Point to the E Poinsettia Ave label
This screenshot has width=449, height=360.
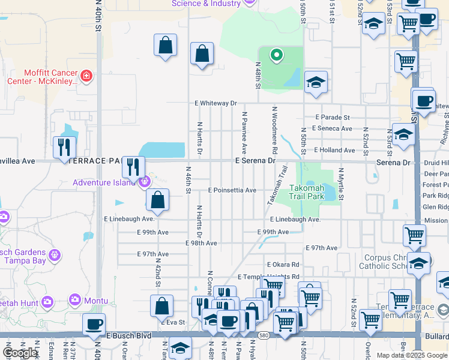tap(232, 190)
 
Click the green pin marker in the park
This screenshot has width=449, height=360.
tap(276, 55)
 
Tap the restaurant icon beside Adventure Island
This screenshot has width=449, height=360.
tap(133, 167)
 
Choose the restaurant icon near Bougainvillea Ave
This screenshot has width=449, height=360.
tap(64, 147)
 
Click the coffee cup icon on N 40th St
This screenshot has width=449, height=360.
tap(94, 325)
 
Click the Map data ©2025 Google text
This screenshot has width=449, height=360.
tap(412, 355)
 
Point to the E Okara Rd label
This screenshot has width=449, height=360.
tap(283, 265)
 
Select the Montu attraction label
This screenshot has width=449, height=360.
tap(96, 301)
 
